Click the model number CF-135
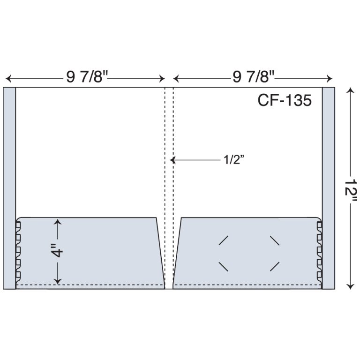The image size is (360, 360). pyautogui.click(x=284, y=100)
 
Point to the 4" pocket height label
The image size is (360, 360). pyautogui.click(x=57, y=252)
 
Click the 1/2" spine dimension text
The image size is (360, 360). pyautogui.click(x=232, y=160)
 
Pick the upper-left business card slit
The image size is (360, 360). pyautogui.click(x=224, y=240)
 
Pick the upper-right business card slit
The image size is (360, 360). pyautogui.click(x=275, y=240)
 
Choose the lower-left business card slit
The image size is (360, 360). pyautogui.click(x=224, y=266)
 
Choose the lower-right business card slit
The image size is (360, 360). pyautogui.click(x=275, y=266)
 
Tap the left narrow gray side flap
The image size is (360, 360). pyautogui.click(x=9, y=187)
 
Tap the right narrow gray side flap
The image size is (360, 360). pyautogui.click(x=328, y=187)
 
